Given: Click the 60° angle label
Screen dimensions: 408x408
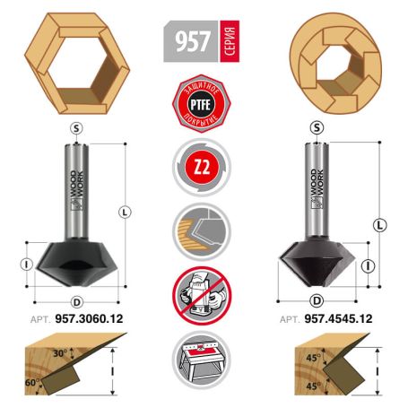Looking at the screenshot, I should (x=33, y=382).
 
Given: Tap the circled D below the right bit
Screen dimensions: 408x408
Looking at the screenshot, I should (x=316, y=300).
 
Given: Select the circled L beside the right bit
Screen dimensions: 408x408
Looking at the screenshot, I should (x=380, y=223).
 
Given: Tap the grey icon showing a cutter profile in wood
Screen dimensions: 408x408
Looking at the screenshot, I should (x=204, y=230).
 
